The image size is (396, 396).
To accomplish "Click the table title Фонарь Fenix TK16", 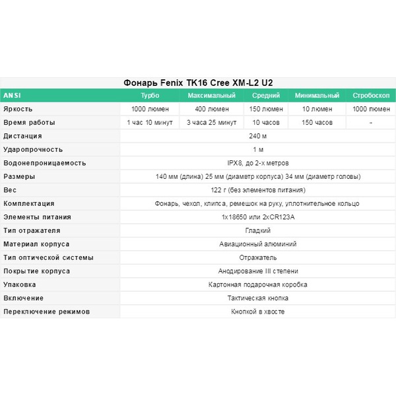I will click(198, 83).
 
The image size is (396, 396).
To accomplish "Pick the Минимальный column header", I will click(317, 96).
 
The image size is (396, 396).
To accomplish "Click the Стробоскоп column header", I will click(371, 96).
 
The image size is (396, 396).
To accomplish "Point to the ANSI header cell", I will click(13, 96).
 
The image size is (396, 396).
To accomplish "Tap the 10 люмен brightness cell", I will click(317, 109).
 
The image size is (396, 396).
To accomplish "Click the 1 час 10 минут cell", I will click(150, 123).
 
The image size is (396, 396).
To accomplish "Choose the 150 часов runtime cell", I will click(317, 123).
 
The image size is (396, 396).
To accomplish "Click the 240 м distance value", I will click(257, 136).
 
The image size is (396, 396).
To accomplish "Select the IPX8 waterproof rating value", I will click(257, 163).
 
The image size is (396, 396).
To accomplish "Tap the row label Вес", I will click(10, 190).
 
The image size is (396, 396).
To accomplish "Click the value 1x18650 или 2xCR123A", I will click(257, 217).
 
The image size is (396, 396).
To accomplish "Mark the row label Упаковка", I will click(20, 284).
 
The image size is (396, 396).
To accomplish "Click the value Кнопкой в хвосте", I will click(257, 312).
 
